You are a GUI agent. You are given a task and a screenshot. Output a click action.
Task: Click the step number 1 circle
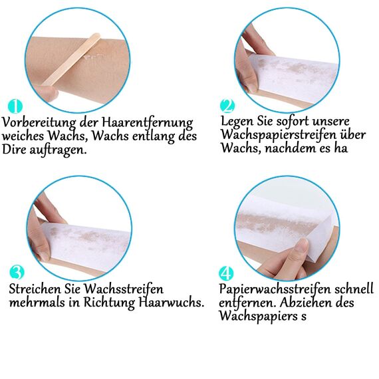[x=16, y=106]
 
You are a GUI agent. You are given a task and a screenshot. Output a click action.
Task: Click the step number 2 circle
[x=227, y=106]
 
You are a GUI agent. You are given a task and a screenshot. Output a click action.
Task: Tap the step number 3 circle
[x=18, y=272]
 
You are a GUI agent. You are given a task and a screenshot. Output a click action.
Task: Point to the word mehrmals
[x=36, y=303]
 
